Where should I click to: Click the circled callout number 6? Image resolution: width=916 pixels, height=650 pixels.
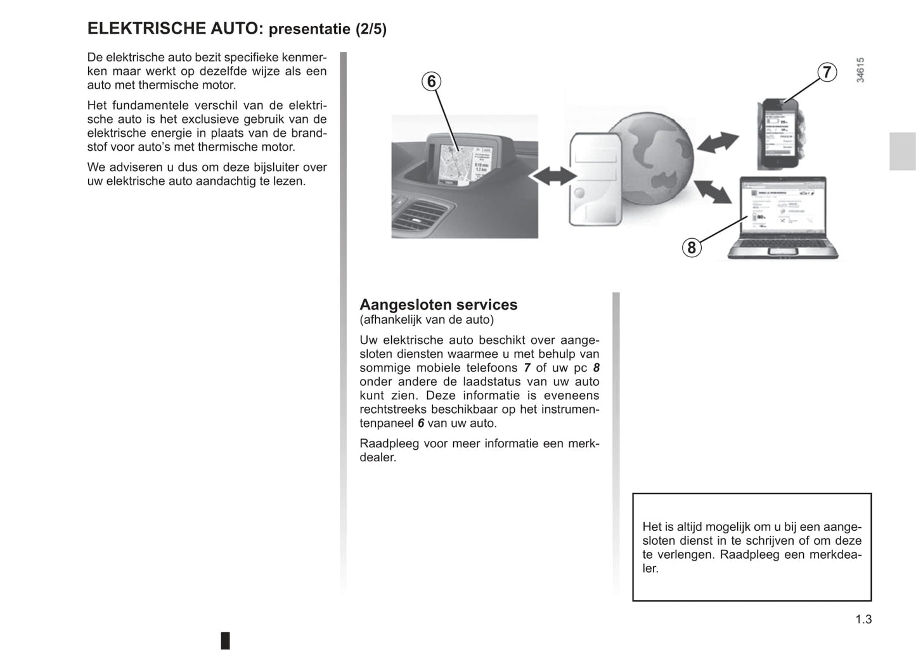click(431, 82)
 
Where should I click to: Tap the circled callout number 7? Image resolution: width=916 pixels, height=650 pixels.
click(826, 73)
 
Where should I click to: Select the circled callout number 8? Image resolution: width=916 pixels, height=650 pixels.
click(692, 247)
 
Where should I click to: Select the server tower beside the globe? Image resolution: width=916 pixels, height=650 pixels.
click(594, 179)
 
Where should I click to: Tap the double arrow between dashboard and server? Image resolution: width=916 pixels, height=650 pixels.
click(553, 176)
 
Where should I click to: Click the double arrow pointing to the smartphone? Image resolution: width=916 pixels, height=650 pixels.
click(718, 143)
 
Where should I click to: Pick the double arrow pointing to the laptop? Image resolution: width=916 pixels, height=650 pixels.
click(713, 191)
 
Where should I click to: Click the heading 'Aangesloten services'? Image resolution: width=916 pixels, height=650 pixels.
click(438, 305)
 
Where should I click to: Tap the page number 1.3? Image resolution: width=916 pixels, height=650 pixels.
click(863, 620)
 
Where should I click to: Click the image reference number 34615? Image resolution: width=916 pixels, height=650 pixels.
click(860, 70)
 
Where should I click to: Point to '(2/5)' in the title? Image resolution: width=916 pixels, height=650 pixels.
click(370, 29)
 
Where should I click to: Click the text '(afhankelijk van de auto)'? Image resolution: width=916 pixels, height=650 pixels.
click(426, 320)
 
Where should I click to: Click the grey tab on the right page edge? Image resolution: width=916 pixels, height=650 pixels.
click(902, 151)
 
